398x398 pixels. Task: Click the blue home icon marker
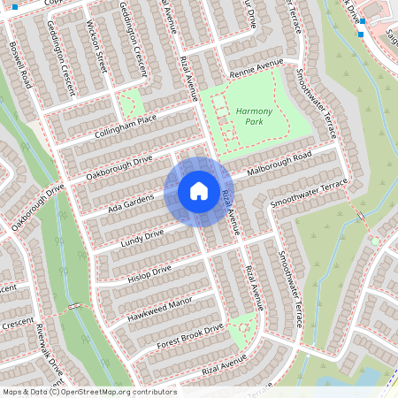click(199, 191)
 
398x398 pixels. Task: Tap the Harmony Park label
click(255, 116)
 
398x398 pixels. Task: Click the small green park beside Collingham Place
click(131, 104)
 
